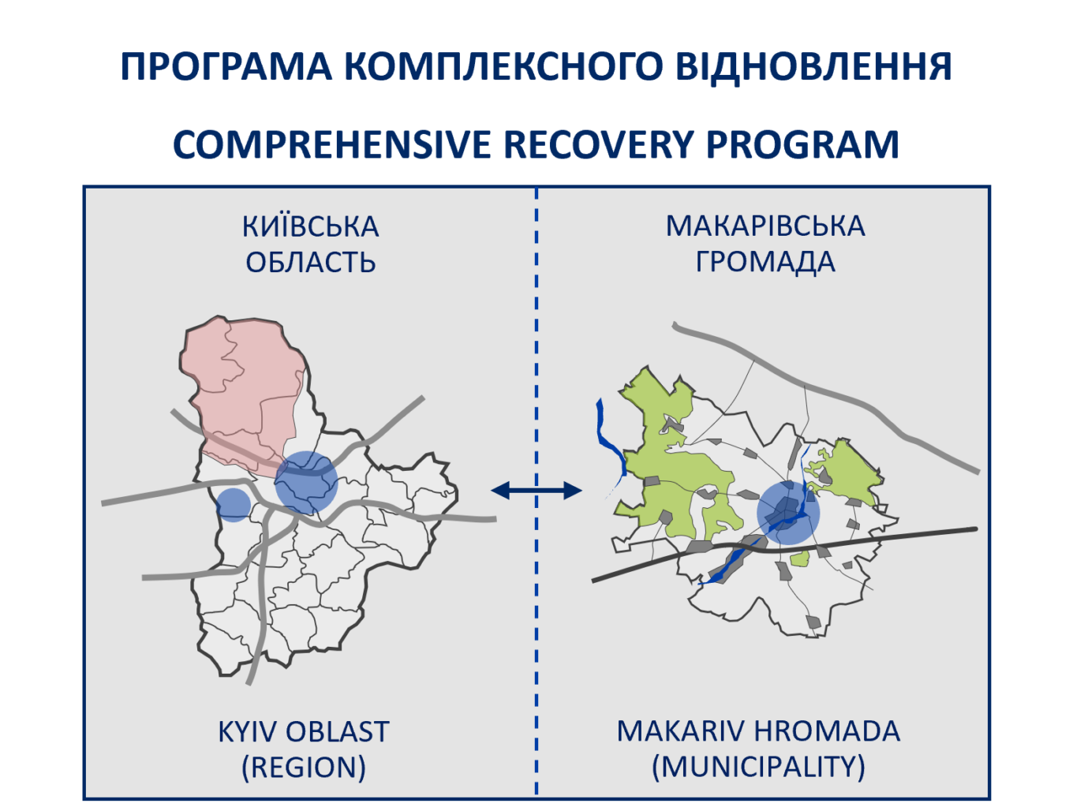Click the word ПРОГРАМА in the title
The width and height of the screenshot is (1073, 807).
point(226,66)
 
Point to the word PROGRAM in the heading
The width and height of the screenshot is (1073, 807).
point(802,144)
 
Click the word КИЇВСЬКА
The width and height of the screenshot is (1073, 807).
point(310,226)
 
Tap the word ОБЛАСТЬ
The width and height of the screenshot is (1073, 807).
point(310,263)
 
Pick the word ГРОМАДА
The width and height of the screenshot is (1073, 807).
point(765,262)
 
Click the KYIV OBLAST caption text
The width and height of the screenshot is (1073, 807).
point(304,732)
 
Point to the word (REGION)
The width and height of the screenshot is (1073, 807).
point(304,768)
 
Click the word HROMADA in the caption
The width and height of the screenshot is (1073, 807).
point(827,731)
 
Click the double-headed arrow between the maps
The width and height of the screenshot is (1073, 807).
point(536,490)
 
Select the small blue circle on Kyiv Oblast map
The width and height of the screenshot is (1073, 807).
point(234,505)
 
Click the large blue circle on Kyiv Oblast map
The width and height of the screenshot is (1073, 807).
point(306,483)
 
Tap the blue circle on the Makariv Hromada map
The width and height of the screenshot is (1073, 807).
point(788,514)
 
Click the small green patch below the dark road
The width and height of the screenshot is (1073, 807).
point(800,559)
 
